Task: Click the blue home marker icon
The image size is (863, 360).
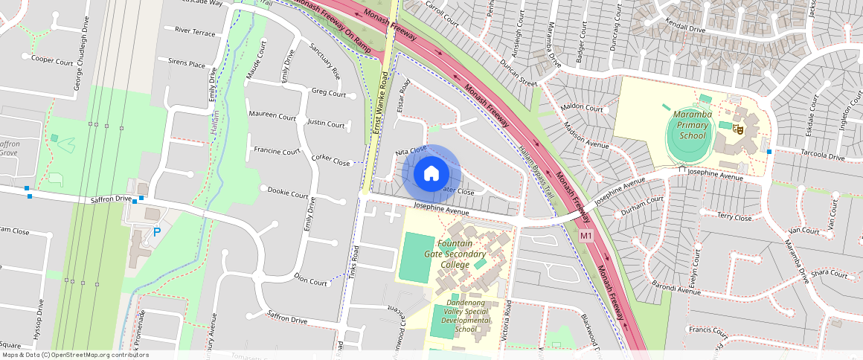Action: [x=431, y=173]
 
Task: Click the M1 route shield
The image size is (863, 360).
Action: [x=586, y=237]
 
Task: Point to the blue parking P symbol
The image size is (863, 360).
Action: [x=156, y=232]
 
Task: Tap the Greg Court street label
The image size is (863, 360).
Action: [x=328, y=93]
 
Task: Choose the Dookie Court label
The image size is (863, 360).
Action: [x=288, y=194]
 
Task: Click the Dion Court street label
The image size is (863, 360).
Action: [x=310, y=282]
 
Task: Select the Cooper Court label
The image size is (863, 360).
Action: [x=52, y=60]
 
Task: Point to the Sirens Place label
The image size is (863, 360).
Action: [x=186, y=64]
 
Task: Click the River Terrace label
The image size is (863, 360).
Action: [x=194, y=33]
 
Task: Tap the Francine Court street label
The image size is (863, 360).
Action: [x=277, y=150]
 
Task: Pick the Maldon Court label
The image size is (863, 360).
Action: [x=583, y=108]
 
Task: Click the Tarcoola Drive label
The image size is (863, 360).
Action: [x=821, y=157]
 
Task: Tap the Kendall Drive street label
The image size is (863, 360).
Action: [x=686, y=29]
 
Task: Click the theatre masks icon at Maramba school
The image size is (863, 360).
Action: [x=739, y=129]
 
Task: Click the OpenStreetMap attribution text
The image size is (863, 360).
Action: [x=74, y=355]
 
